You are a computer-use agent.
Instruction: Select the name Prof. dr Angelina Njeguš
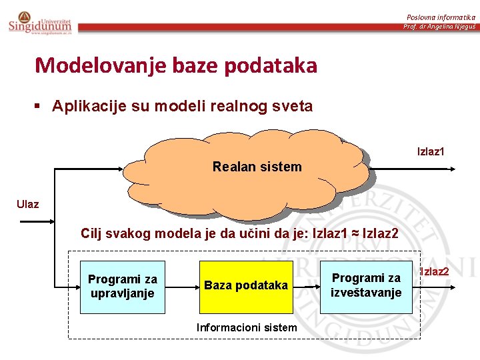pyautogui.click(x=439, y=27)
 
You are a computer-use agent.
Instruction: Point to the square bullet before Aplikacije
pyautogui.click(x=39, y=106)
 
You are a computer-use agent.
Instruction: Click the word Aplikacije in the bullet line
pyautogui.click(x=85, y=106)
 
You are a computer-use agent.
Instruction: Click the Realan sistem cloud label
pyautogui.click(x=257, y=167)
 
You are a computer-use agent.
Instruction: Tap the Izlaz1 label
pyautogui.click(x=431, y=152)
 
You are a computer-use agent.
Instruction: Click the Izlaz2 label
pyautogui.click(x=433, y=271)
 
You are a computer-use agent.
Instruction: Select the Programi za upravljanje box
pyautogui.click(x=123, y=287)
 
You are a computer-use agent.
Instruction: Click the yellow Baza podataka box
pyautogui.click(x=246, y=286)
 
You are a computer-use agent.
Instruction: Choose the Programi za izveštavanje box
pyautogui.click(x=366, y=285)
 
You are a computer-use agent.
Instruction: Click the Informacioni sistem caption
pyautogui.click(x=247, y=327)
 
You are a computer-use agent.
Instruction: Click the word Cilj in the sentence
pyautogui.click(x=92, y=233)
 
